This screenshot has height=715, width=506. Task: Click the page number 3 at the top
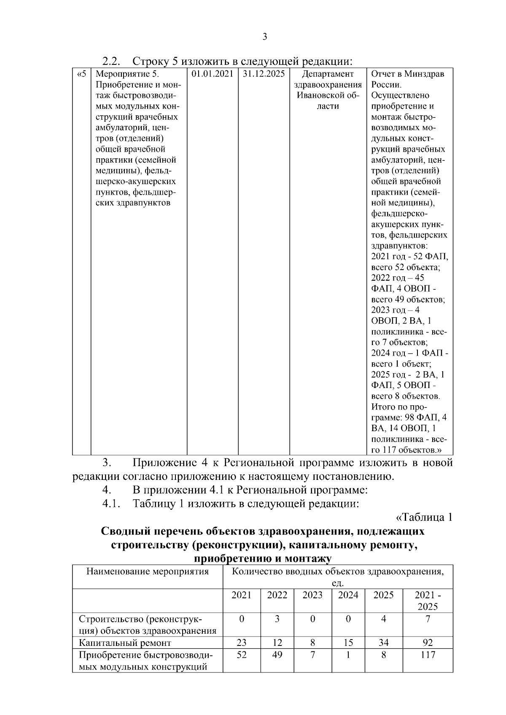(264, 37)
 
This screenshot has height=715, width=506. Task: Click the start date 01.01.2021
(213, 74)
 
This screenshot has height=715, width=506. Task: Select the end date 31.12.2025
(264, 74)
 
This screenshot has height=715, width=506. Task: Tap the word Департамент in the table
(328, 74)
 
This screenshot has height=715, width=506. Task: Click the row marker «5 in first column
(81, 74)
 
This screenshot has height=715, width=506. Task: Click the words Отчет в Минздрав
(407, 74)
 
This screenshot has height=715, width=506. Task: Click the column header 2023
(312, 595)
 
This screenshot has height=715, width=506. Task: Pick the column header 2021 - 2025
(428, 600)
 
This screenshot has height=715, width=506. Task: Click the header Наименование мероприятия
(148, 572)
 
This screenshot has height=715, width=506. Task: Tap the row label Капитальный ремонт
(125, 643)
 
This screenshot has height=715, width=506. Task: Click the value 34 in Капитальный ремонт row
(383, 643)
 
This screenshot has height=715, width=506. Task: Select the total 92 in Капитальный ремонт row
(428, 643)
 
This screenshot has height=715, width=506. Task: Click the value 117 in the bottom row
(428, 655)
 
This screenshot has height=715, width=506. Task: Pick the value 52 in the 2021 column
(241, 655)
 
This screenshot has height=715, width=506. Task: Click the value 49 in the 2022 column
(277, 655)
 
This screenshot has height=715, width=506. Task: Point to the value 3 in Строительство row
(277, 619)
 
